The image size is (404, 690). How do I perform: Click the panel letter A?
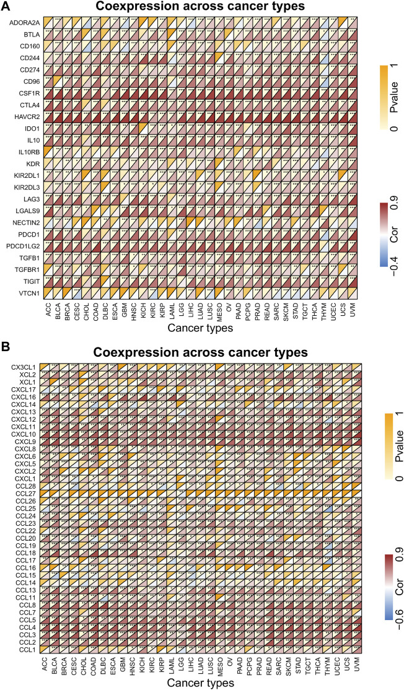pyautogui.click(x=5, y=6)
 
